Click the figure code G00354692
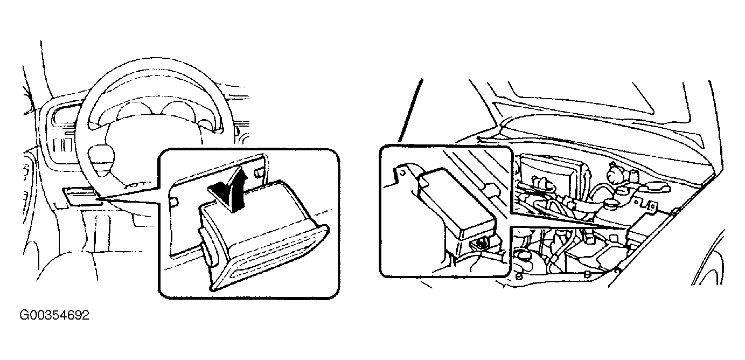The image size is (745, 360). [x=54, y=315]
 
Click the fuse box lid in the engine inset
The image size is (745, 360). [x=456, y=204]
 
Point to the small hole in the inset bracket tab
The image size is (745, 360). [x=402, y=172]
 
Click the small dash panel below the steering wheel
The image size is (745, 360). [x=80, y=196]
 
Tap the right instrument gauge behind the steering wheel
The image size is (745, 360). [x=176, y=111]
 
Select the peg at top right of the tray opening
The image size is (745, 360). [x=259, y=172]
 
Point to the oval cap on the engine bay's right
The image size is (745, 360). [x=653, y=188]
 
